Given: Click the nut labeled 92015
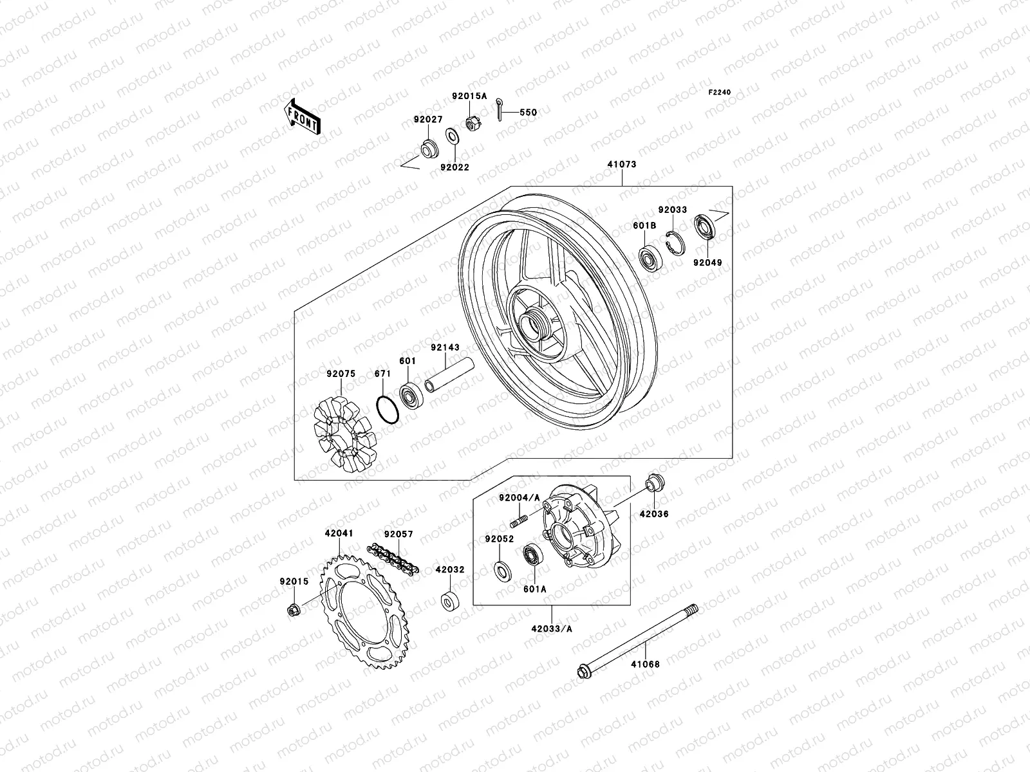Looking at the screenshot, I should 292,609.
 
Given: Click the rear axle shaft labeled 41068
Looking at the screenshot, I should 637,640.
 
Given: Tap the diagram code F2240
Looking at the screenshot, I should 720,93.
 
